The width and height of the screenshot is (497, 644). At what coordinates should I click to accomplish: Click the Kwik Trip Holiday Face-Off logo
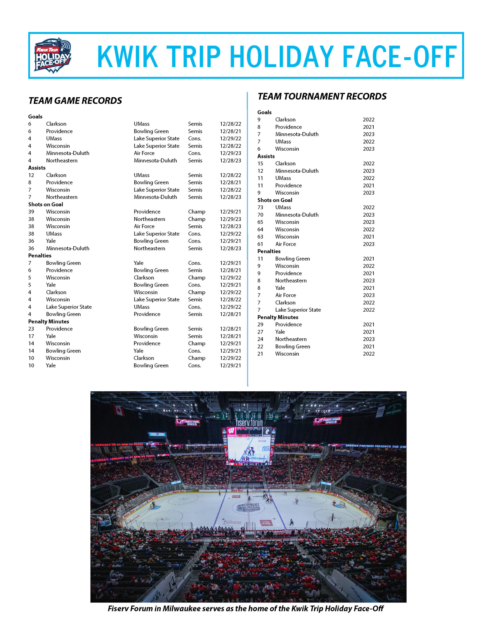pyautogui.click(x=53, y=55)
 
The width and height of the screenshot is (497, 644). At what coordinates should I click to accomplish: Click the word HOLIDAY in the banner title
pyautogui.click(x=282, y=56)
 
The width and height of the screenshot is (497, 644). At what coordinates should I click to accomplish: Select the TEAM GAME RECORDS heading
pyautogui.click(x=75, y=101)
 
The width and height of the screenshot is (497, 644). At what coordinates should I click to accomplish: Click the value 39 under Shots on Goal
pyautogui.click(x=31, y=212)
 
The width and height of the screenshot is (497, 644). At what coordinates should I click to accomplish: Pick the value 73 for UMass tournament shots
pyautogui.click(x=260, y=208)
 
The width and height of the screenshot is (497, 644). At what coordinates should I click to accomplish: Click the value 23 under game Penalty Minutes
pyautogui.click(x=31, y=329)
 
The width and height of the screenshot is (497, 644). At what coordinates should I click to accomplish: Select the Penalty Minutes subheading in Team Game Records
pyautogui.click(x=48, y=321)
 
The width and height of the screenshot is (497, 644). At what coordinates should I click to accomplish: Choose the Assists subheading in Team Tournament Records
pyautogui.click(x=266, y=156)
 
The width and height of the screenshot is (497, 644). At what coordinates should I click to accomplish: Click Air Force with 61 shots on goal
pyautogui.click(x=285, y=244)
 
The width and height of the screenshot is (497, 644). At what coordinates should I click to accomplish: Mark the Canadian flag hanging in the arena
pyautogui.click(x=119, y=410)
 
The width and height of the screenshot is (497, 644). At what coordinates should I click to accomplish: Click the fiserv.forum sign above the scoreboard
pyautogui.click(x=249, y=423)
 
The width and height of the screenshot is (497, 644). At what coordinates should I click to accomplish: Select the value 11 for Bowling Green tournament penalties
pyautogui.click(x=260, y=259)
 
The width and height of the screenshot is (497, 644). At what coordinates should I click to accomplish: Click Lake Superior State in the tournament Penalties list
pyautogui.click(x=298, y=310)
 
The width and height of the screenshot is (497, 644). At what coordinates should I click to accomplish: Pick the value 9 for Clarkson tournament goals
pyautogui.click(x=259, y=120)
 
